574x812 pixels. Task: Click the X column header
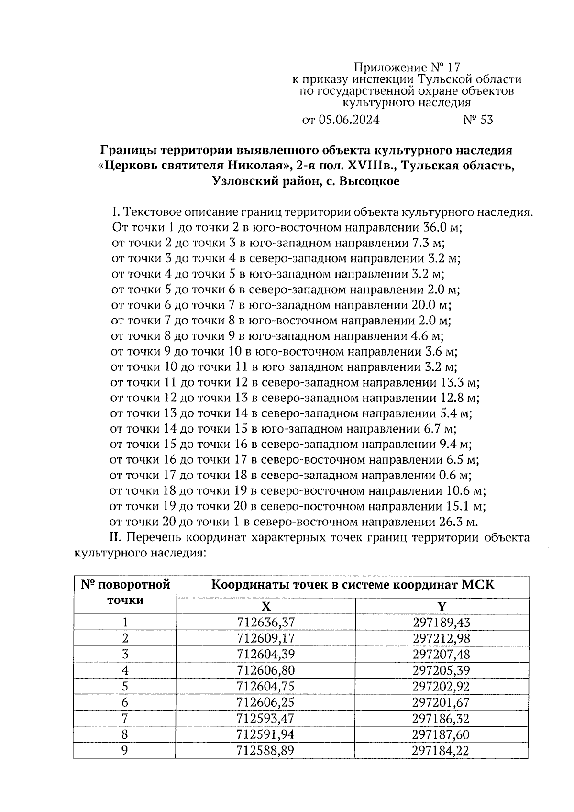tap(266, 606)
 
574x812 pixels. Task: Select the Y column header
tap(442, 606)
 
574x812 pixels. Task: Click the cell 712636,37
tap(266, 622)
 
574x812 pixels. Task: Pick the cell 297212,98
tap(442, 638)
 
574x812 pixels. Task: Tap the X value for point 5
tap(266, 686)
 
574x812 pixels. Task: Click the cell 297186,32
tap(442, 718)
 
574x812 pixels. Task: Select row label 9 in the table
tap(125, 750)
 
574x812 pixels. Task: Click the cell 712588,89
tap(266, 750)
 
